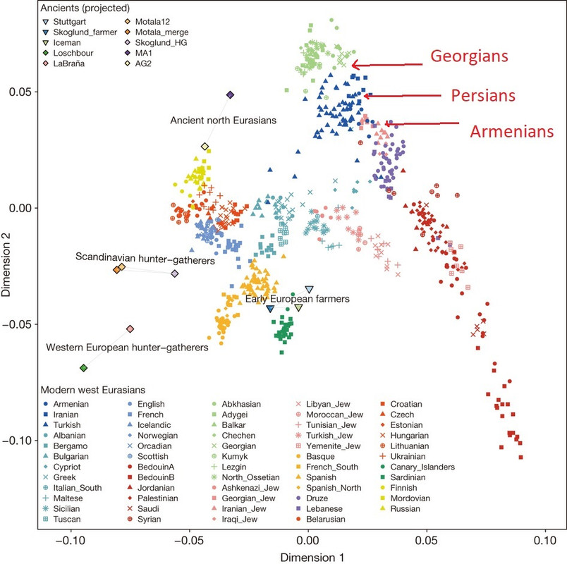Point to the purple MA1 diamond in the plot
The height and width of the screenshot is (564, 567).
click(230, 95)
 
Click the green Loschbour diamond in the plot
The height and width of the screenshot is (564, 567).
click(84, 368)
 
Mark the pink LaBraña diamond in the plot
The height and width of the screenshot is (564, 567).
click(130, 329)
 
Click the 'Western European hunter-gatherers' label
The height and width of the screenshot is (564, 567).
click(127, 348)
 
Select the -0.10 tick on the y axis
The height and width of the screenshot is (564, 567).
click(23, 441)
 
